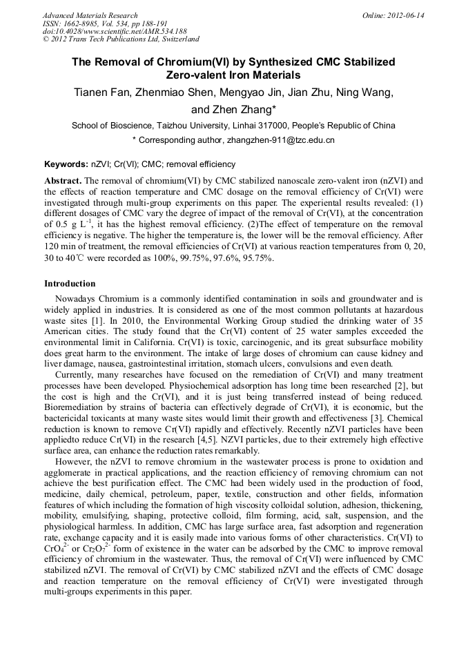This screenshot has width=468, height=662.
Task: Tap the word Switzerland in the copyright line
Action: click(176, 39)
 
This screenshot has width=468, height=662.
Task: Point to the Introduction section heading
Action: click(70, 284)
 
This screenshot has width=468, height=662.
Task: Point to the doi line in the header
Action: click(115, 32)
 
